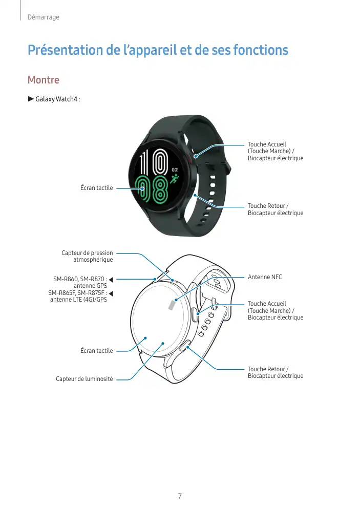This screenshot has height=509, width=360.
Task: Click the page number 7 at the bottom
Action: click(x=180, y=496)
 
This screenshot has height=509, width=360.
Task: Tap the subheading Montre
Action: click(x=43, y=80)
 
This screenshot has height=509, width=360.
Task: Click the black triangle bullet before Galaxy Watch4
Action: click(x=31, y=98)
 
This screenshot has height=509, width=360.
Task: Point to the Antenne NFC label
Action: click(x=265, y=277)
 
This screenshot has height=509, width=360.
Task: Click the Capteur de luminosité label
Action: click(x=84, y=379)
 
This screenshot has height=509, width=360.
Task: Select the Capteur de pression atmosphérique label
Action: click(x=87, y=256)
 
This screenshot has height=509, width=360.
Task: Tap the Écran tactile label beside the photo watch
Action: click(x=96, y=188)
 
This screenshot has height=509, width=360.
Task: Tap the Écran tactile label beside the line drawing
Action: click(x=96, y=351)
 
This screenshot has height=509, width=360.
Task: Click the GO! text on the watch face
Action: click(x=175, y=169)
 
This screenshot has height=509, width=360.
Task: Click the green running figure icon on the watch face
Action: click(x=175, y=179)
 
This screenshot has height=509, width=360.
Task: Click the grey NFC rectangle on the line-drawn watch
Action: click(x=172, y=305)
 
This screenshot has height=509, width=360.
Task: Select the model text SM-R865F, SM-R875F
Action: click(x=77, y=293)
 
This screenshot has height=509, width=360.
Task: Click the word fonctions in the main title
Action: click(x=260, y=51)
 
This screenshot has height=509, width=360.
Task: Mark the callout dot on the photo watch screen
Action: click(x=143, y=188)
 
